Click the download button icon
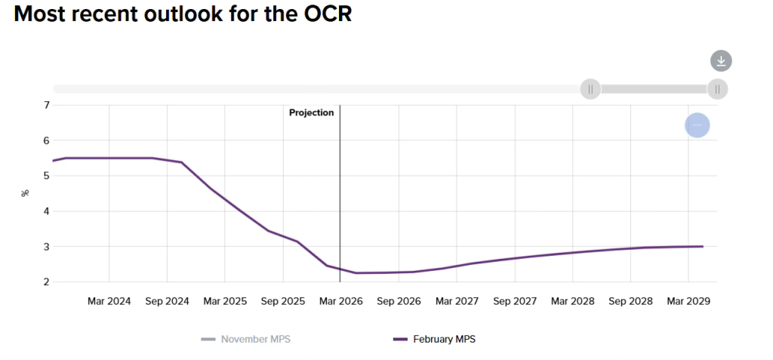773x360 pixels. click(721, 61)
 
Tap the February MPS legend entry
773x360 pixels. click(444, 339)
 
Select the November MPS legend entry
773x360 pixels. click(255, 339)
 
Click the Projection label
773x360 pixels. click(311, 112)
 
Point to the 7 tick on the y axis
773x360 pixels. click(46, 105)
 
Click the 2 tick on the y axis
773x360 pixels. click(46, 282)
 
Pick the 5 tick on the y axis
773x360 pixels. click(46, 176)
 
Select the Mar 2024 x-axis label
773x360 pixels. click(109, 301)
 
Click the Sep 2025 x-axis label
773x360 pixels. click(283, 301)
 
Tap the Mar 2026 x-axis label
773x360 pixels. click(341, 301)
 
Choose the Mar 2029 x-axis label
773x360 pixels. click(688, 301)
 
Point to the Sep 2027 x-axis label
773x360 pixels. click(515, 301)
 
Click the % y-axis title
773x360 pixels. click(24, 193)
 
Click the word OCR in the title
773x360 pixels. click(324, 14)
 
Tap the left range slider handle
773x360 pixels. click(590, 89)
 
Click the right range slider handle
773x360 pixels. click(717, 89)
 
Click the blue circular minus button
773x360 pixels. click(697, 125)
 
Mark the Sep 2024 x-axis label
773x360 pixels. click(167, 301)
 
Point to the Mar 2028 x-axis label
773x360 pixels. click(573, 301)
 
